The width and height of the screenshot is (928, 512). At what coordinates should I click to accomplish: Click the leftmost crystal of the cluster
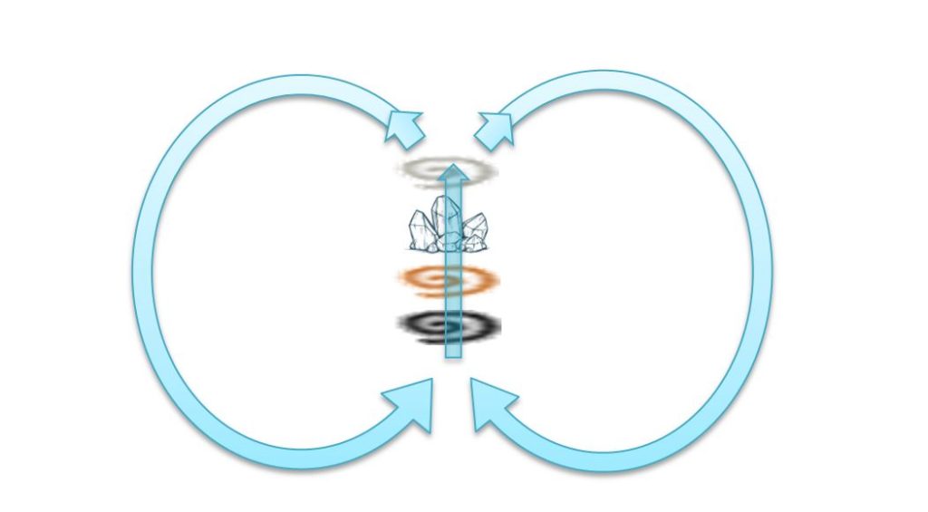coord(419,232)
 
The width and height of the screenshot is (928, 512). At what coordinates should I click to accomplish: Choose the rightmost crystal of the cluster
coord(478,230)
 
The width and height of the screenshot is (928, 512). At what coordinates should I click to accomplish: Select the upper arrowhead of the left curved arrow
coord(405,128)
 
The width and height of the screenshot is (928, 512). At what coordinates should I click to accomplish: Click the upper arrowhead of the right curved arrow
coord(494,128)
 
